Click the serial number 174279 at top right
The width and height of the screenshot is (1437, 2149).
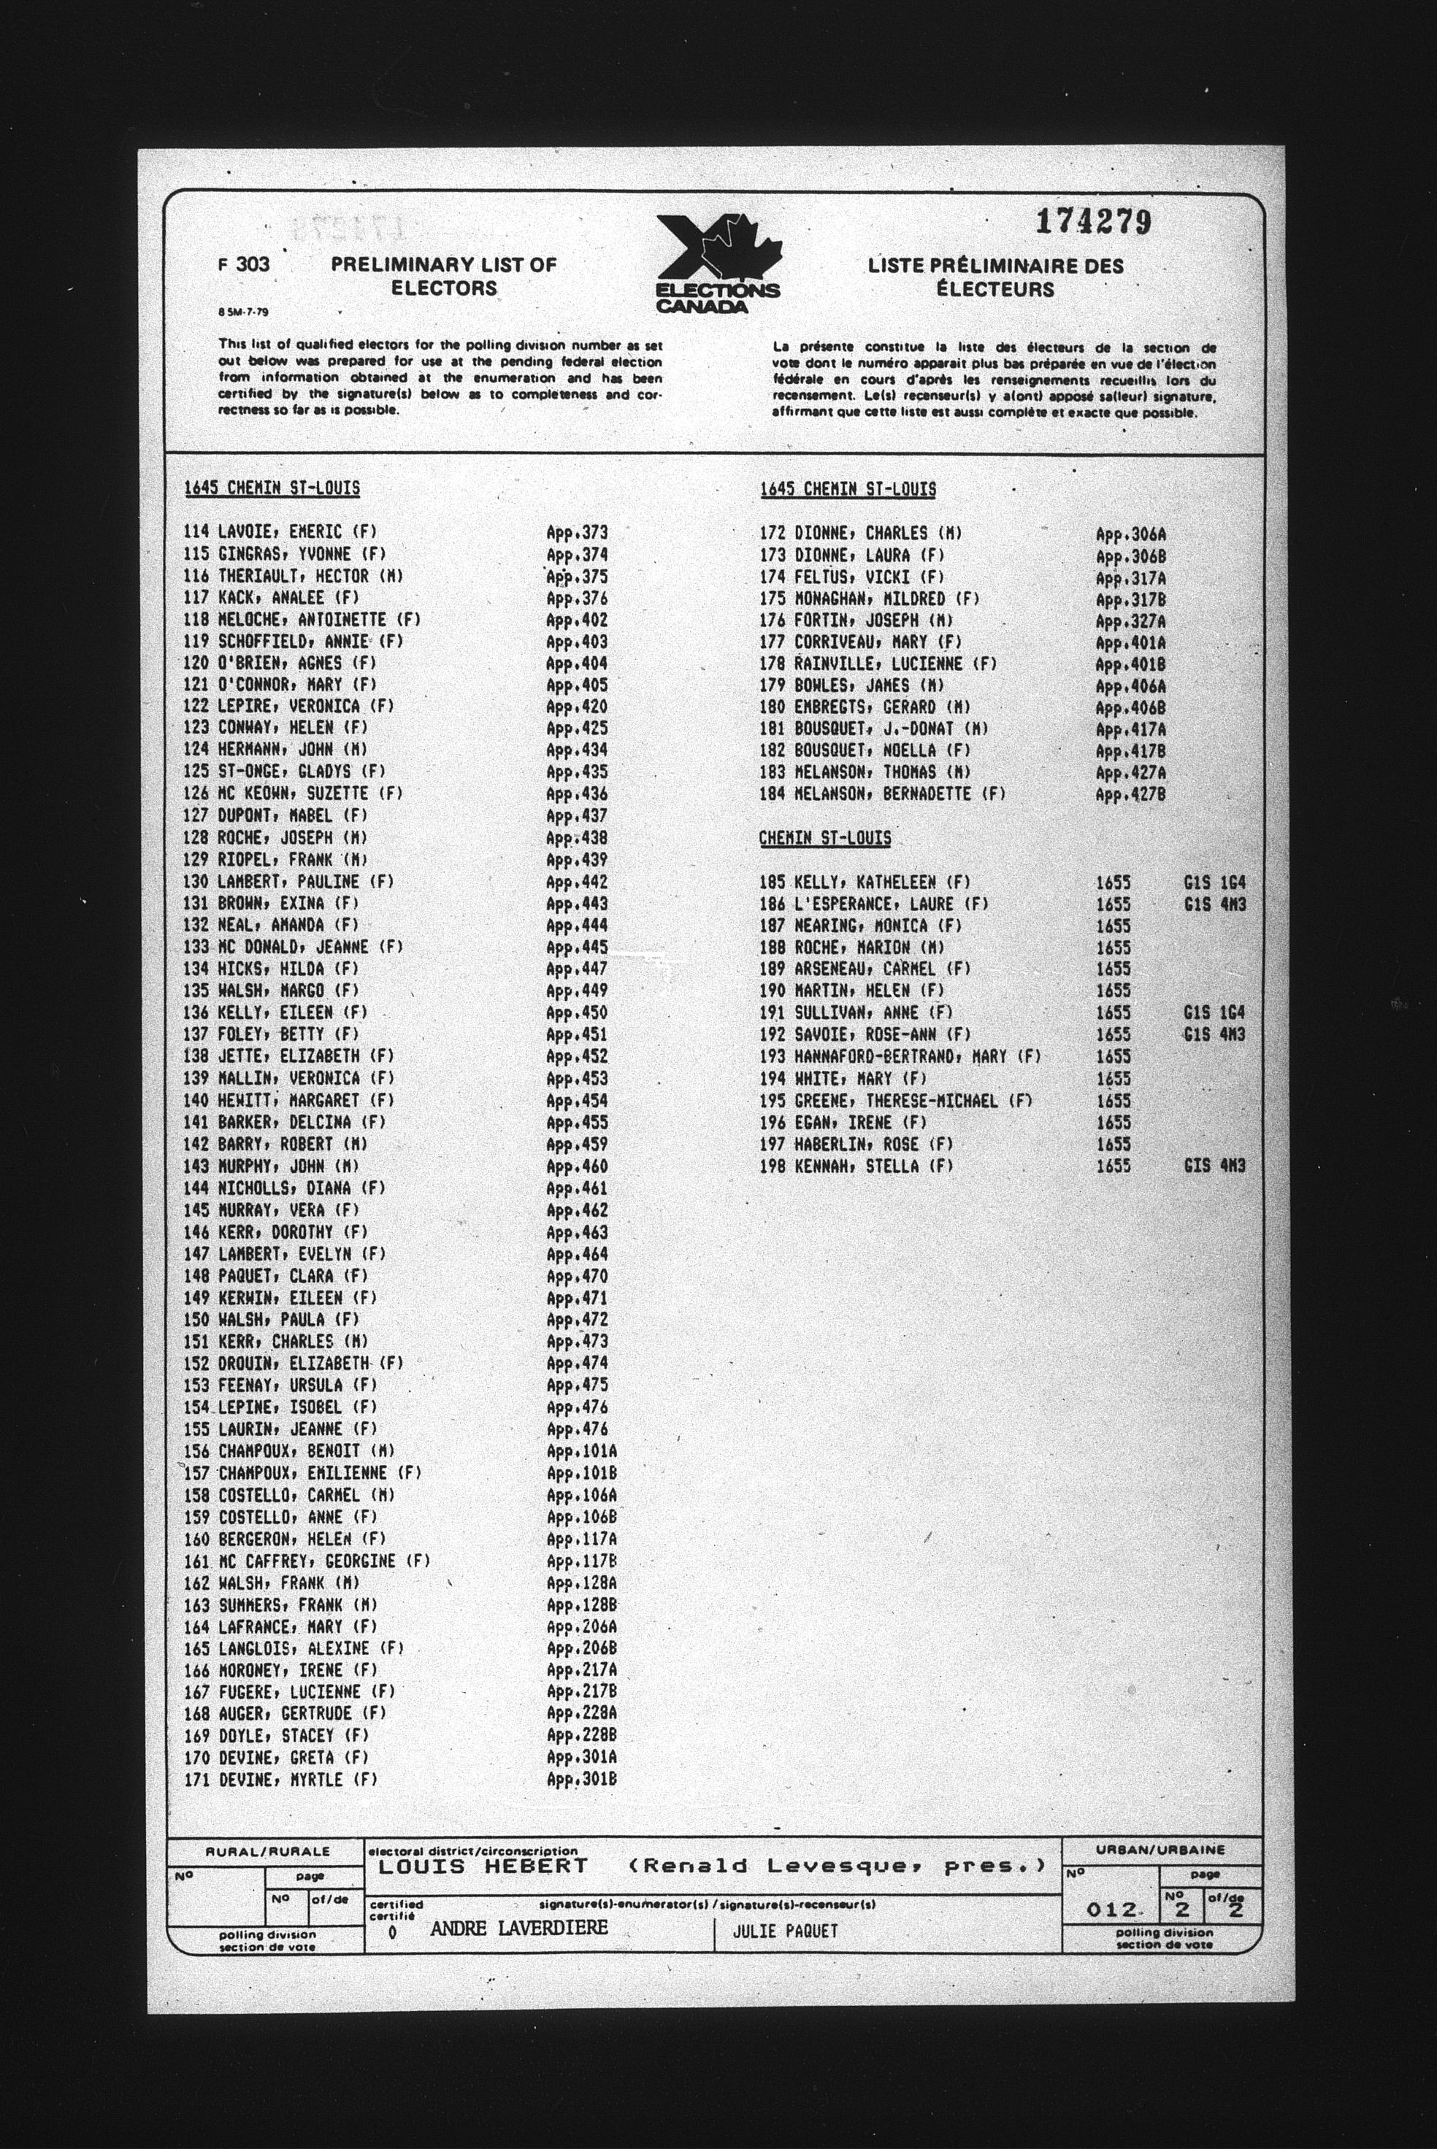click(1092, 223)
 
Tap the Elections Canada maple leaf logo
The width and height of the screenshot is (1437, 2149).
click(718, 263)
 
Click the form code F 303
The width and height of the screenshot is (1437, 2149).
click(244, 265)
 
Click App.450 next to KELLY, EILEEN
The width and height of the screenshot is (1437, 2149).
click(576, 1012)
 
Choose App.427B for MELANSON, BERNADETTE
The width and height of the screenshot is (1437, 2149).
click(1130, 794)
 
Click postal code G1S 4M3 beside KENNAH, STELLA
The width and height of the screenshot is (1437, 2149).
click(1214, 1166)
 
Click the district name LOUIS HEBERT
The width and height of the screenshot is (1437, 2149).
click(482, 1866)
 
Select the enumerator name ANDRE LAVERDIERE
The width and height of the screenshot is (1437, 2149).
click(518, 1927)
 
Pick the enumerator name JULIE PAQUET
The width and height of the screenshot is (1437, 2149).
click(786, 1931)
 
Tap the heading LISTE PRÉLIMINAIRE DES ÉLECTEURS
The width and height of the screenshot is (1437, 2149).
click(995, 277)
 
